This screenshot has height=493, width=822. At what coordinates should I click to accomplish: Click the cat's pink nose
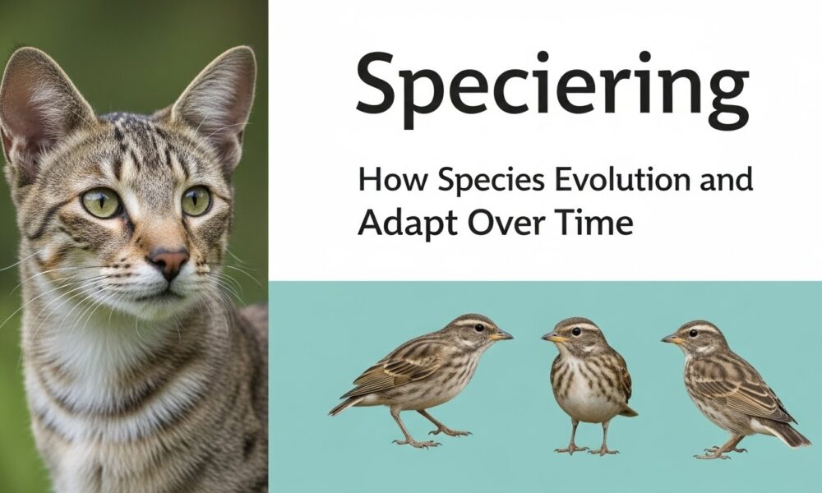pyautogui.click(x=169, y=262)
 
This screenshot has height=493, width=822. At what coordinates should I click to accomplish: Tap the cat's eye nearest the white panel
pyautogui.click(x=196, y=200)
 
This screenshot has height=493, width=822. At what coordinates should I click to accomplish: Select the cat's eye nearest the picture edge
pyautogui.click(x=101, y=202)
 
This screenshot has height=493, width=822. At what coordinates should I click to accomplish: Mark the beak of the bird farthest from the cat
pyautogui.click(x=671, y=339)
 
